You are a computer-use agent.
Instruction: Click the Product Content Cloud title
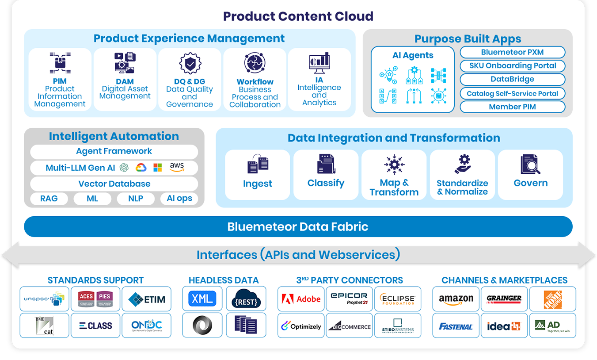(x=298, y=16)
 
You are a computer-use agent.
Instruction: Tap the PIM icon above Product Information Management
(x=60, y=63)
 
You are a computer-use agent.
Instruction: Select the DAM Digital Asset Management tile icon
(x=125, y=63)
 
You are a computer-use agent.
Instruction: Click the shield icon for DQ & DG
(x=190, y=64)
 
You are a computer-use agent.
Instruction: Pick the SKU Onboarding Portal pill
(x=512, y=66)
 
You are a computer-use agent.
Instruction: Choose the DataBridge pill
(x=512, y=80)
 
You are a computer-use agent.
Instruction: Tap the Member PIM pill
(x=512, y=107)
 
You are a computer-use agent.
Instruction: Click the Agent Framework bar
(x=114, y=151)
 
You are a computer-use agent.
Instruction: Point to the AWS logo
(x=177, y=167)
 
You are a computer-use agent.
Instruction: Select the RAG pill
(x=49, y=199)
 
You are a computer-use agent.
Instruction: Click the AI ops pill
(x=179, y=199)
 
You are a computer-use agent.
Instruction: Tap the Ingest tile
(x=258, y=174)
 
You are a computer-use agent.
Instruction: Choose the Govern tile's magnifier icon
(x=530, y=165)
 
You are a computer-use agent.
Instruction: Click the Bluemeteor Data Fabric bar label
(x=298, y=227)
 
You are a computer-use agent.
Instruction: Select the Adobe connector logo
(x=301, y=299)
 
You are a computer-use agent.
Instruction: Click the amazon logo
(x=456, y=299)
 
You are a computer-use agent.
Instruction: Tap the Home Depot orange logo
(x=552, y=299)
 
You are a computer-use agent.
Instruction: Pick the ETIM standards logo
(x=147, y=299)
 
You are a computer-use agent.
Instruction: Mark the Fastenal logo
(x=456, y=326)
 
